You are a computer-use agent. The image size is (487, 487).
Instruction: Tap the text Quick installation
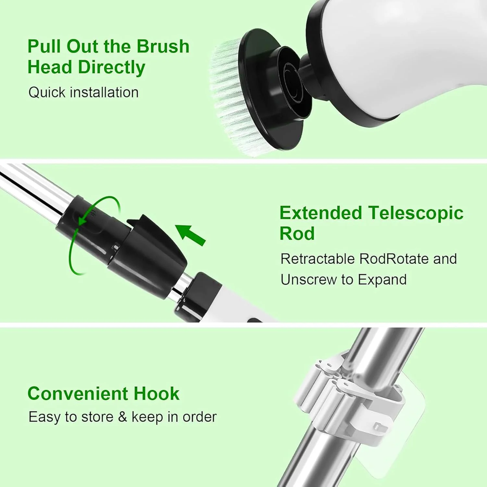pyautogui.click(x=83, y=92)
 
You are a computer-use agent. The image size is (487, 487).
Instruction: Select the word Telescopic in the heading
pyautogui.click(x=416, y=214)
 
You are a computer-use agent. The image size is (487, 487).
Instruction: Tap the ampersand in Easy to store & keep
pyautogui.click(x=122, y=417)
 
